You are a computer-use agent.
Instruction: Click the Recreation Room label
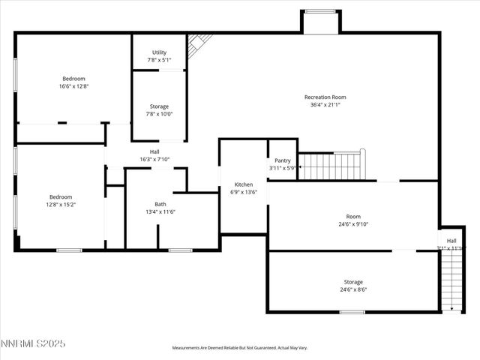[325, 97]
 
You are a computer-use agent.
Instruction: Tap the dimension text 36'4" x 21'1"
[325, 105]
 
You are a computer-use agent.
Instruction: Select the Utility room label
[159, 52]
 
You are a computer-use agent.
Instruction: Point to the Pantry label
[282, 160]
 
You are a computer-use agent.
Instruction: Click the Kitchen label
[244, 184]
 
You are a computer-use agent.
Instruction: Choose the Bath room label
[160, 204]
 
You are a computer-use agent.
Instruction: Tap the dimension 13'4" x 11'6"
[160, 212]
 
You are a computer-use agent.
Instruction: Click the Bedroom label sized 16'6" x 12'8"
[73, 79]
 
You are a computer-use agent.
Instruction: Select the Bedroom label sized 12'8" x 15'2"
[61, 196]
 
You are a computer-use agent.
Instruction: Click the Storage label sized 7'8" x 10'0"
[159, 106]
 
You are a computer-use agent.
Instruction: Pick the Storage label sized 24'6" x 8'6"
[353, 282]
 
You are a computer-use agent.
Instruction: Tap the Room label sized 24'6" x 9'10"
[353, 216]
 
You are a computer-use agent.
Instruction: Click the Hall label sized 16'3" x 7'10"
[154, 151]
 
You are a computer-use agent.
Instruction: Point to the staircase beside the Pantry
[331, 166]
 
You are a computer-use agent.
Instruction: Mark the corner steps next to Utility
[199, 44]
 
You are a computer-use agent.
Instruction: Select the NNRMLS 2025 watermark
[33, 343]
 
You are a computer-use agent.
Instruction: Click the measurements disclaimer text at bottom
[240, 348]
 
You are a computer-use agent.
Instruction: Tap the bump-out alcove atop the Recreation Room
[321, 21]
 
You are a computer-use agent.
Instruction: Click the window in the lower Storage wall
[352, 312]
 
